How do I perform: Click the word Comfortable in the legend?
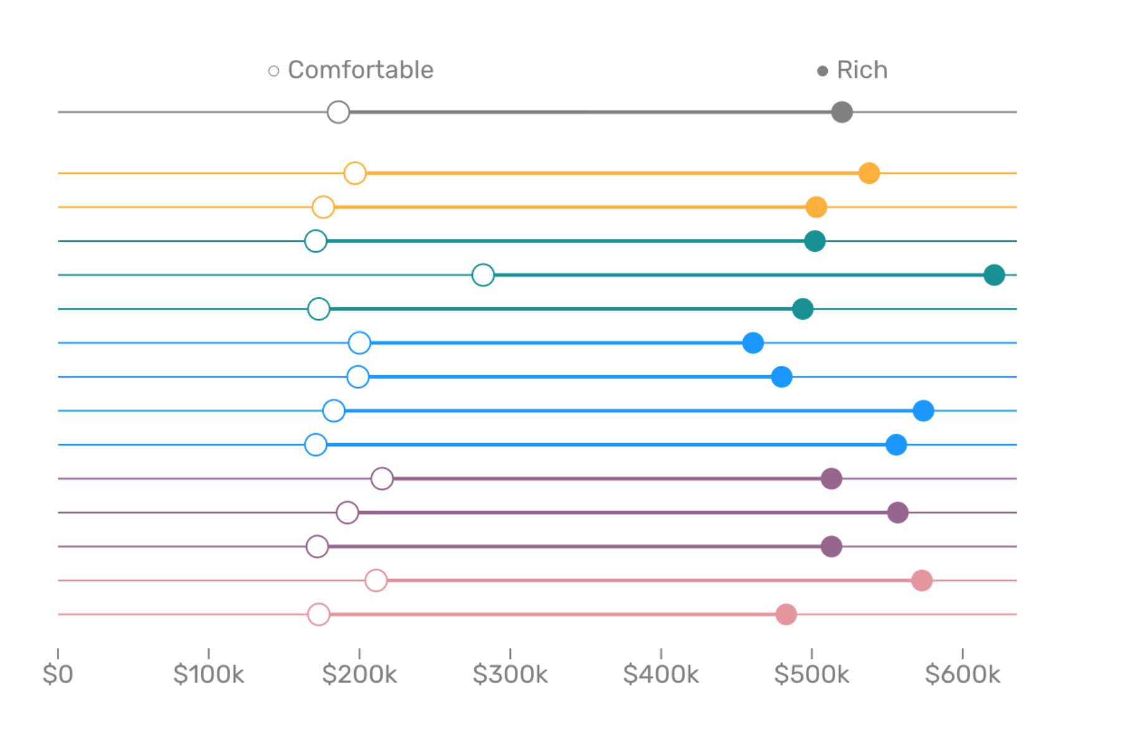(x=360, y=70)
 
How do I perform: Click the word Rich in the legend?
(x=861, y=70)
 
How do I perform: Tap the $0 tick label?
(x=58, y=674)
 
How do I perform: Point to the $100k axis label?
(x=208, y=674)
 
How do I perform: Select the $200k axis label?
(x=359, y=674)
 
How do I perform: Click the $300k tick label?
(x=510, y=674)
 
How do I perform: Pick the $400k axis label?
(x=661, y=674)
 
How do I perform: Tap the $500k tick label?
(x=812, y=674)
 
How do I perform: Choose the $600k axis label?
(x=962, y=674)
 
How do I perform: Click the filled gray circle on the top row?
(x=841, y=112)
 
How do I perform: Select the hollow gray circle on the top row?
(x=338, y=112)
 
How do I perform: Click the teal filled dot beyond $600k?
(x=994, y=274)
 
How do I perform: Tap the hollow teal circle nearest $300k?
(x=483, y=274)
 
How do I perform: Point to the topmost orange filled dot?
(x=869, y=173)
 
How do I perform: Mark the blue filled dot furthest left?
(x=753, y=342)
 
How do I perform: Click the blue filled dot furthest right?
(x=923, y=410)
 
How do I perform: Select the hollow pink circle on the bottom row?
(x=319, y=614)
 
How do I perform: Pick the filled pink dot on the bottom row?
(x=786, y=614)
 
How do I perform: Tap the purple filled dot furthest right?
(x=898, y=512)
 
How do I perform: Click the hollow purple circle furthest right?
(x=382, y=478)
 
